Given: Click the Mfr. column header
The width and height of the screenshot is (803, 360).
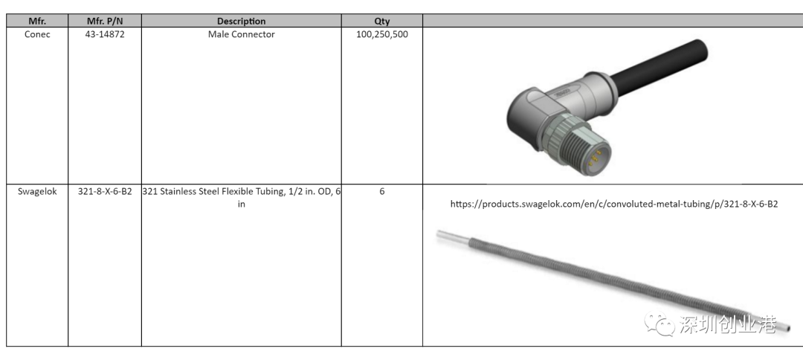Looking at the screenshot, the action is pyautogui.click(x=37, y=21).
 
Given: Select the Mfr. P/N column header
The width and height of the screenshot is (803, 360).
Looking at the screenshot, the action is pyautogui.click(x=105, y=21).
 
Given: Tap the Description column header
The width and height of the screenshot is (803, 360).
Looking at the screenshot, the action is pyautogui.click(x=241, y=21).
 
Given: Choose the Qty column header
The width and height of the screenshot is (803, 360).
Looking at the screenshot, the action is pyautogui.click(x=381, y=21).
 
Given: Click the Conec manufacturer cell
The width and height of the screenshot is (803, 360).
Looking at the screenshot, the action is pyautogui.click(x=37, y=34).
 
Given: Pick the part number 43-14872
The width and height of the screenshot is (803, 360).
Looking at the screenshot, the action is pyautogui.click(x=105, y=34).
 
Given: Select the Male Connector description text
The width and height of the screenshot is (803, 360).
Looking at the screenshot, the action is pyautogui.click(x=241, y=34).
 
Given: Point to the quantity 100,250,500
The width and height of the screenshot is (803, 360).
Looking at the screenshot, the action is pyautogui.click(x=382, y=35).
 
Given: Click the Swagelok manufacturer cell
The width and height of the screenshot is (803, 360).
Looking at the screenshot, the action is pyautogui.click(x=37, y=191).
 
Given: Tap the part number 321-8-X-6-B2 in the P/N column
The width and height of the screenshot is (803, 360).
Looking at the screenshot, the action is pyautogui.click(x=105, y=191).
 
